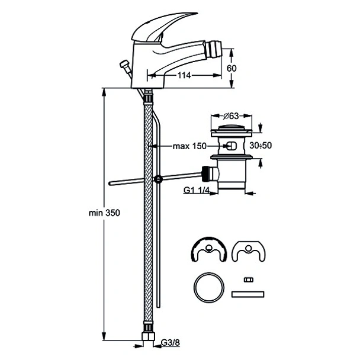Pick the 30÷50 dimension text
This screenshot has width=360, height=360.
point(261,144)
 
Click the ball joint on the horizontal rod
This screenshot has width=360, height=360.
point(159,179)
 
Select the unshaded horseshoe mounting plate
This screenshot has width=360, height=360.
point(247,250)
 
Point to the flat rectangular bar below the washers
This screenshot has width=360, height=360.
point(247,294)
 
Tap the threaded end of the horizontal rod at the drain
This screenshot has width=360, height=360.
point(205,173)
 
